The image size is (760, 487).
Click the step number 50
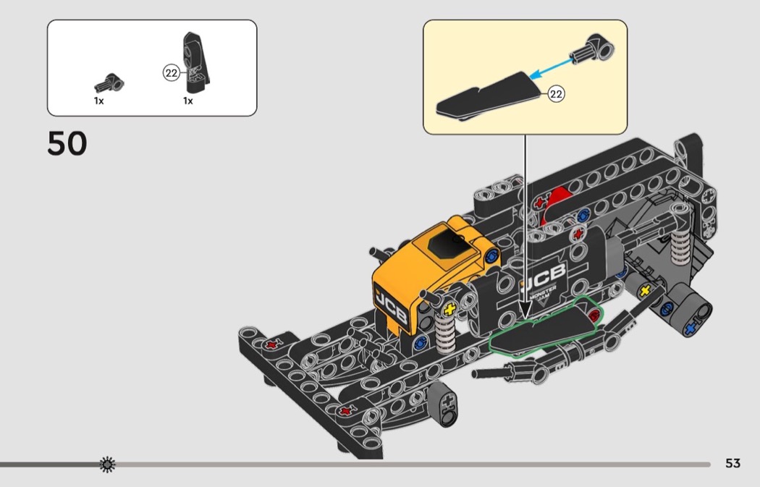click(67, 143)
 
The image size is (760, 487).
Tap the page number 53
click(732, 463)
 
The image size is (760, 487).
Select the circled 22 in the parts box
click(171, 73)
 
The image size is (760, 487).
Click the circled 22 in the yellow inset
click(556, 93)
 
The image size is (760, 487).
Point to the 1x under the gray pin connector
click(99, 101)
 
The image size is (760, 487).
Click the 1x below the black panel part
click(188, 101)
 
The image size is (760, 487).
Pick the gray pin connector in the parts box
click(109, 83)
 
